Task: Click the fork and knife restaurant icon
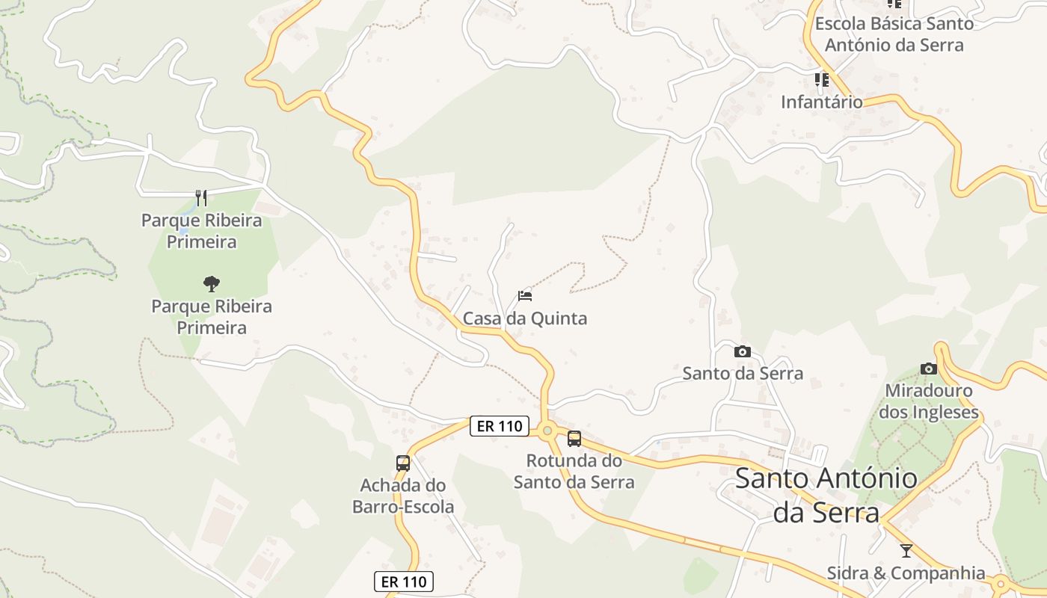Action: pos(200,197)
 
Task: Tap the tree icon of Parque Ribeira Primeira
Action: pos(212,283)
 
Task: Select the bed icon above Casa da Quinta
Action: pos(525,295)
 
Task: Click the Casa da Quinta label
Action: pos(525,318)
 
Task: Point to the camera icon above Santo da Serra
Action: pos(743,351)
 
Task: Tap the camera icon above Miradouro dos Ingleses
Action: pos(928,369)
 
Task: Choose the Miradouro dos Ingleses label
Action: pos(928,401)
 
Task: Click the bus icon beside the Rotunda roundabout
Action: pos(574,439)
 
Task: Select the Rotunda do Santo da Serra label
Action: pos(574,471)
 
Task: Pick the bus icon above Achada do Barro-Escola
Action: pos(403,463)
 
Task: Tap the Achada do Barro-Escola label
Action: pos(403,496)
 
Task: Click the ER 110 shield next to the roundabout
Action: pos(500,426)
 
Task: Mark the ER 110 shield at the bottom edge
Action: pos(404,582)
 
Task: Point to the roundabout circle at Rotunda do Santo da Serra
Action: pos(547,430)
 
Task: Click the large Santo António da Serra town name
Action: pos(826,495)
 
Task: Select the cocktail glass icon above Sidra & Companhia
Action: pos(906,551)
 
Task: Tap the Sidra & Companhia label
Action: pos(906,573)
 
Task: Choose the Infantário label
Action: pos(822,102)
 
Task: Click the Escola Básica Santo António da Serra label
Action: pos(894,34)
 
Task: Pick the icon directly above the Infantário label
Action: pos(822,79)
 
